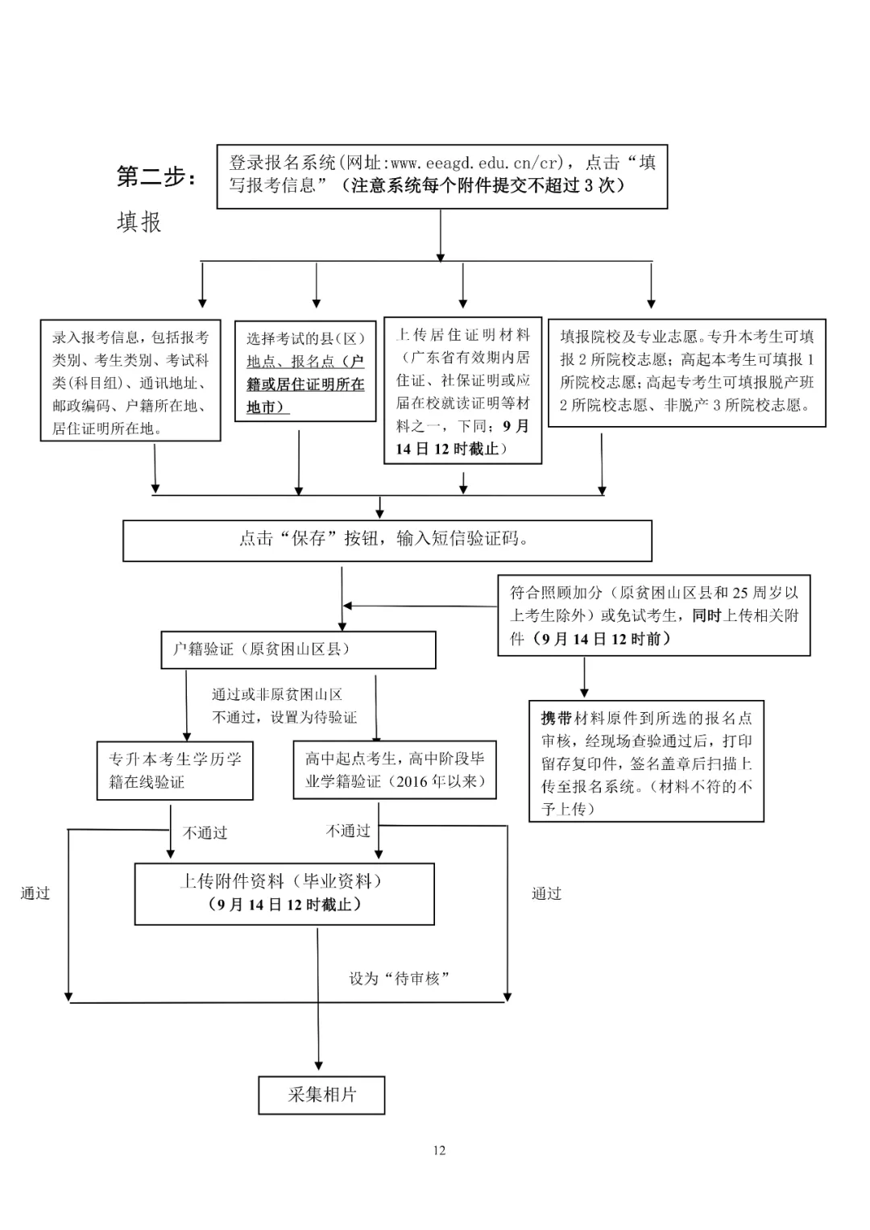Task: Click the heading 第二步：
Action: coord(156,176)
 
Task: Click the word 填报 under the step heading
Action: coord(139,222)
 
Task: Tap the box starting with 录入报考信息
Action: coord(130,380)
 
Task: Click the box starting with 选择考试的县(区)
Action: coord(305,371)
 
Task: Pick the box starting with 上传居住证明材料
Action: coord(462,391)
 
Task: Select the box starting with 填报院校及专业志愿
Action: coord(686,371)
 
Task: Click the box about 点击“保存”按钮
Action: coord(387,540)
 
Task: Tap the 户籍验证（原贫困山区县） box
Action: coord(298,649)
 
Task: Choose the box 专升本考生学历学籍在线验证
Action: coord(175,770)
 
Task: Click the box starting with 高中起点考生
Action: coord(394,769)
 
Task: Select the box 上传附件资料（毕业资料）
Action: coord(284,893)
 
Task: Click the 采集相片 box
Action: coord(321,1095)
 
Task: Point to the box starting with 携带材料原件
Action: coord(646,761)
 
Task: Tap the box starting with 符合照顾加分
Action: coord(653,615)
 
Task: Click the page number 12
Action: coord(439,1150)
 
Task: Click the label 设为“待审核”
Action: coord(399,978)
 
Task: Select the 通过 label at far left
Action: coord(35,893)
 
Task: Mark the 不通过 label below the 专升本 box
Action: coord(205,833)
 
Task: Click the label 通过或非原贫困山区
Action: coord(277,694)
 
